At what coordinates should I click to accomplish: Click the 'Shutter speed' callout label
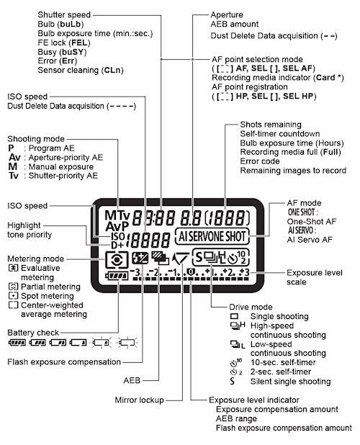click(x=64, y=14)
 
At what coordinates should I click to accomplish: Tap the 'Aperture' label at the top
click(x=227, y=14)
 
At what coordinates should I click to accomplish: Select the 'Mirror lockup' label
click(x=139, y=400)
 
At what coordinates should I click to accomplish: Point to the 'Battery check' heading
click(x=33, y=333)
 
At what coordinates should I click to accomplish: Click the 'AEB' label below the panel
click(x=132, y=380)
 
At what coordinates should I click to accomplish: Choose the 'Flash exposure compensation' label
click(x=64, y=362)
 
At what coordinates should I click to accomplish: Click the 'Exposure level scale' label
click(x=315, y=277)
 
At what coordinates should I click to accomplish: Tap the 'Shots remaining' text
click(x=271, y=125)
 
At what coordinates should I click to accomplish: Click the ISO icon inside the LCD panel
click(x=118, y=236)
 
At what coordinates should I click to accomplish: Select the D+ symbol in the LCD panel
click(x=117, y=245)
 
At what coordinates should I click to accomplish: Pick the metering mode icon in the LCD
click(x=117, y=260)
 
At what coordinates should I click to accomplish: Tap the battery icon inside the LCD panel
click(x=117, y=276)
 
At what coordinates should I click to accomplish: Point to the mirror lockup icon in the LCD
click(x=180, y=259)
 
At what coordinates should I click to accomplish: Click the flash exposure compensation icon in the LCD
click(x=140, y=259)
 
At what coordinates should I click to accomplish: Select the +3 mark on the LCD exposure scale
click(x=245, y=272)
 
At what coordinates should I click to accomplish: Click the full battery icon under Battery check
click(x=17, y=343)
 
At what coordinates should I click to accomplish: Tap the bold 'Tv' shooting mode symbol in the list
click(x=14, y=176)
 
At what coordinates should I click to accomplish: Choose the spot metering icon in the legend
click(x=13, y=296)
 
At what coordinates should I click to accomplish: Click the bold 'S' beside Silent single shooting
click(x=233, y=381)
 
